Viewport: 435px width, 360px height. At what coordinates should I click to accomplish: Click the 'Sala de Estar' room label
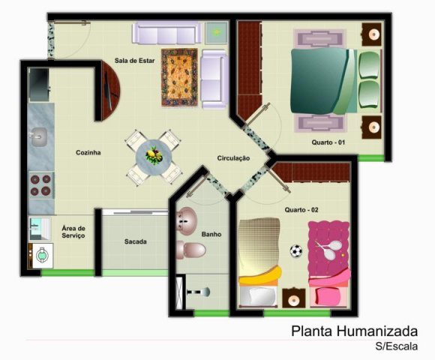pos(134,61)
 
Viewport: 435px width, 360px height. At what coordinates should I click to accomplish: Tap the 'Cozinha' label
pos(88,152)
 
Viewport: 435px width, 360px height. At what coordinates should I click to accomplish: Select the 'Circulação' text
pos(233,158)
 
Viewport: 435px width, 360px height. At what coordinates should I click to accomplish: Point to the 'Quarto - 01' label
pos(328,142)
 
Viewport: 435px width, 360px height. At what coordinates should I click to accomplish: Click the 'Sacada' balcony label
pos(136,241)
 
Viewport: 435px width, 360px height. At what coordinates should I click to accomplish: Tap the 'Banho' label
pos(211,234)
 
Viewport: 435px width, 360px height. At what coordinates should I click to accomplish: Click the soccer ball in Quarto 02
pos(296,251)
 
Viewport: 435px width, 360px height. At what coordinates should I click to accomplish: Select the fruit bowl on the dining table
pos(154,155)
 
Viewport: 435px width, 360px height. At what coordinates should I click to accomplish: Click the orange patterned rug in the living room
pos(179,77)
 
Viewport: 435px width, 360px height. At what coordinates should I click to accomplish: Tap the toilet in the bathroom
pos(191,250)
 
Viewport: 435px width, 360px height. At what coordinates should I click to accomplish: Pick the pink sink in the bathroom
pos(187,221)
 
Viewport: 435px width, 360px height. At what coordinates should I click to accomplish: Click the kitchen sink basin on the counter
pos(38,137)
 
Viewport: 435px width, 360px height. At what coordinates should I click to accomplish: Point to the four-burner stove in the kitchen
pos(40,185)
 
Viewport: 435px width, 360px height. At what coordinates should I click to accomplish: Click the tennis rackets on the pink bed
pos(329,250)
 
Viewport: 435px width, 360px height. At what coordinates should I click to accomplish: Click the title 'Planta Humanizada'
pos(354,331)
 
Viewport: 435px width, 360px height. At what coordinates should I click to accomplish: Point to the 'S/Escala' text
pos(397,346)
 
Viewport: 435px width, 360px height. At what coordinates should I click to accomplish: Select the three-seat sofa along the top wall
pos(166,33)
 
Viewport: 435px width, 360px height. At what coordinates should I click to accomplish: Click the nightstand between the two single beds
pos(294,298)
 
